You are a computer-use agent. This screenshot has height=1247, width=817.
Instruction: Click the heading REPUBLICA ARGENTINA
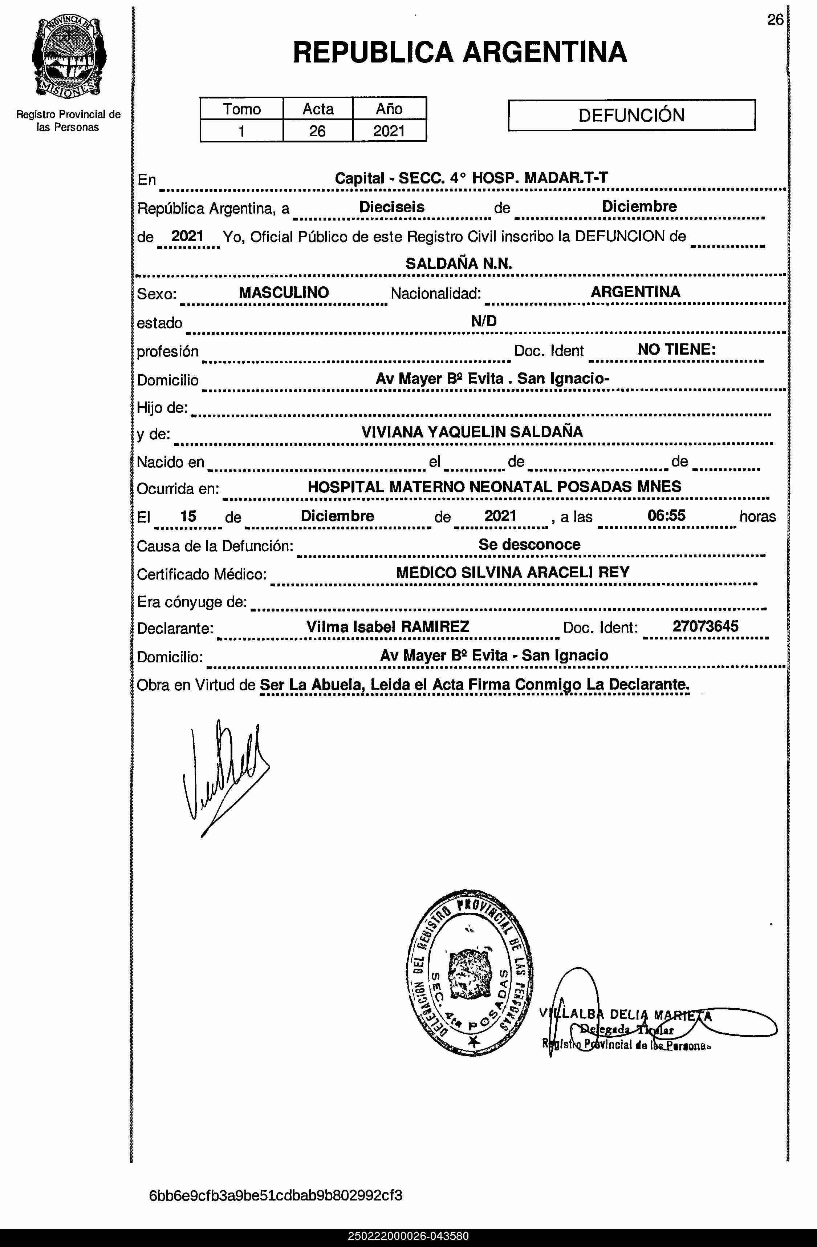pyautogui.click(x=459, y=52)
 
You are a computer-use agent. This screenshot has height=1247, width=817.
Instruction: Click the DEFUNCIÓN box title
pyautogui.click(x=631, y=115)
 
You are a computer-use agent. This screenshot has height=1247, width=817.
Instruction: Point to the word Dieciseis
pyautogui.click(x=392, y=207)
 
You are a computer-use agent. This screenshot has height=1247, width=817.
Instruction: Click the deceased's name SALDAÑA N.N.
pyautogui.click(x=459, y=263)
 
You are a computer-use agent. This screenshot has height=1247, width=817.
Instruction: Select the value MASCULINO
pyautogui.click(x=284, y=292)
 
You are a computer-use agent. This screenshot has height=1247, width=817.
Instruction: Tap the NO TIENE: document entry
pyautogui.click(x=676, y=350)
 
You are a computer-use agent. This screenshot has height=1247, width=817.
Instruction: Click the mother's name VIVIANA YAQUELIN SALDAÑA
pyautogui.click(x=472, y=432)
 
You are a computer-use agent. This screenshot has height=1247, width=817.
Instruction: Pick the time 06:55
pyautogui.click(x=666, y=516)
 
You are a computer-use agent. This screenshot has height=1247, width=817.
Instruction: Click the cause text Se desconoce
pyautogui.click(x=529, y=544)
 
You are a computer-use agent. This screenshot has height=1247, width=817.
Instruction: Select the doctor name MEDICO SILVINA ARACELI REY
pyautogui.click(x=512, y=572)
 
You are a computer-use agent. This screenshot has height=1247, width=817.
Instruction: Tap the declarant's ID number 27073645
pyautogui.click(x=705, y=626)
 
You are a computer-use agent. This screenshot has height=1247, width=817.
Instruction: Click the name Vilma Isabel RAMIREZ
pyautogui.click(x=387, y=627)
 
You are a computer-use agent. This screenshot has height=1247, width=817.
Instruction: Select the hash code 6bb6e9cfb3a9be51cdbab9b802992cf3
pyautogui.click(x=276, y=1196)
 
